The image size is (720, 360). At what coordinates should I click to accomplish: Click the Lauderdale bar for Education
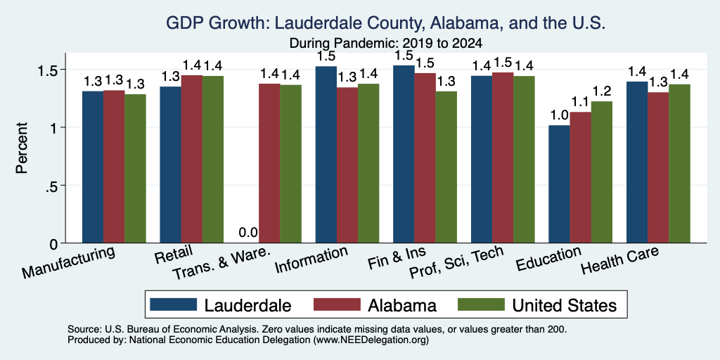[559, 184]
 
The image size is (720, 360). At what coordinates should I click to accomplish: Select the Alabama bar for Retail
[191, 159]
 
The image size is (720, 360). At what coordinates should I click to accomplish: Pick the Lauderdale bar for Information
[326, 155]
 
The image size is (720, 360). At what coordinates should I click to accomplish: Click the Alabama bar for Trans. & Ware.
[269, 163]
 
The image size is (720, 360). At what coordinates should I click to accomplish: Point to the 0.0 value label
[248, 233]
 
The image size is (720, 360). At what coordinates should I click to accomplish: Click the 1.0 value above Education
[559, 115]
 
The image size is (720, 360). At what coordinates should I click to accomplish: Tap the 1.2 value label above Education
[602, 91]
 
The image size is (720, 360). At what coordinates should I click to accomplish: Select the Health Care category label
[619, 260]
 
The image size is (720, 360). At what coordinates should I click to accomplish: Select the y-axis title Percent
[22, 148]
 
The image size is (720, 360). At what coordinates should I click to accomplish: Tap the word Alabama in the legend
[401, 305]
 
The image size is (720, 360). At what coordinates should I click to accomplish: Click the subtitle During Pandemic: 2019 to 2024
[386, 44]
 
